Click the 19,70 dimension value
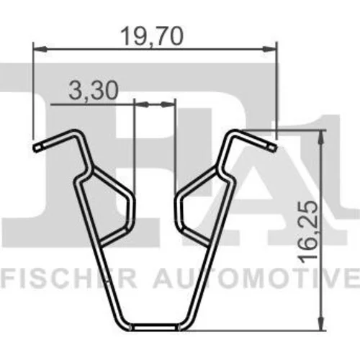(x=152, y=37)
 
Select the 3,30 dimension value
(x=94, y=91)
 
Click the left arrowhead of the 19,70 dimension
(x=40, y=49)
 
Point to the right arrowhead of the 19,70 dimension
(x=269, y=49)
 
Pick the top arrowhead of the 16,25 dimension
(x=321, y=138)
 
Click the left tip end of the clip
(x=36, y=148)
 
